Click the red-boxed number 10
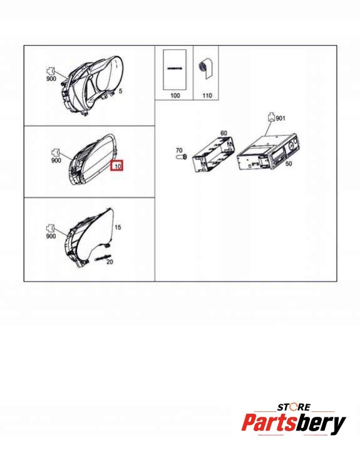[x=118, y=166]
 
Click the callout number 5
[x=120, y=91]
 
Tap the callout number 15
[x=118, y=227]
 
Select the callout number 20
[x=110, y=262]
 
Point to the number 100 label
[x=175, y=95]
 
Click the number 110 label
[x=207, y=95]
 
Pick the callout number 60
[x=224, y=133]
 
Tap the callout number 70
[x=179, y=150]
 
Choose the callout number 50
[x=289, y=163]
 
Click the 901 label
[x=280, y=118]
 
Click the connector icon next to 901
[x=271, y=117]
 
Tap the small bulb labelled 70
[x=181, y=156]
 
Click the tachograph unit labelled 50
[x=268, y=151]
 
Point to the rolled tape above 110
[x=206, y=69]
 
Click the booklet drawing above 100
[x=175, y=69]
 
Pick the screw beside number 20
[x=103, y=258]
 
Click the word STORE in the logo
[x=294, y=407]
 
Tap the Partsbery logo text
[x=294, y=423]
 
